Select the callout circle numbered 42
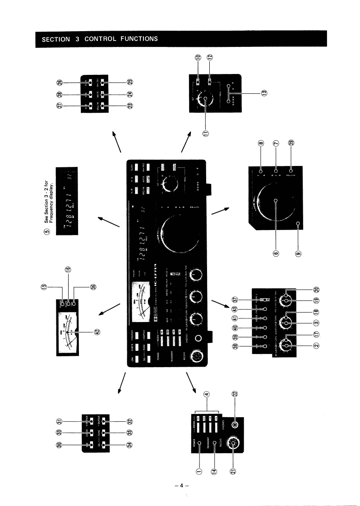point(97,331)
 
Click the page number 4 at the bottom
point(180,486)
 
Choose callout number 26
point(60,82)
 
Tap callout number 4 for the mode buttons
point(207,393)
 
